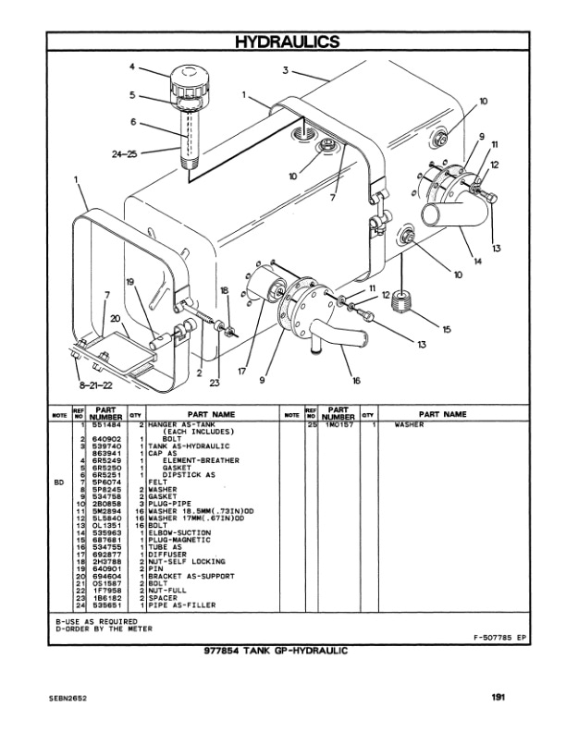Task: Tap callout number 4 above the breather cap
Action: coord(132,67)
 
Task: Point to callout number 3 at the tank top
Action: coord(287,70)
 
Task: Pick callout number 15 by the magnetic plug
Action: coord(446,329)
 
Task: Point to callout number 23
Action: coord(215,383)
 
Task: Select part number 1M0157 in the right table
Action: coord(338,426)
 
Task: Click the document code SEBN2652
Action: coord(68,699)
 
